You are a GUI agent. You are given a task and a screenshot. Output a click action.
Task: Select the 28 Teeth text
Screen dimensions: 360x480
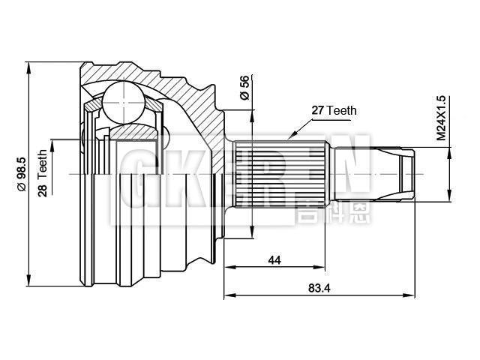[43, 173]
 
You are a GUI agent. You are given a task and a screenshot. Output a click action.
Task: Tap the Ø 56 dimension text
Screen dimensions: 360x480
[244, 88]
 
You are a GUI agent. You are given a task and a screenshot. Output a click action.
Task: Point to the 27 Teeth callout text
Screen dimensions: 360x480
[334, 110]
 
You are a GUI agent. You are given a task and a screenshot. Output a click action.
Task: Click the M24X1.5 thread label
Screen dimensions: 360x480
[442, 118]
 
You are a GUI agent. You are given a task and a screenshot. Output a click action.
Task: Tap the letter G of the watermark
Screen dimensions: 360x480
[132, 174]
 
